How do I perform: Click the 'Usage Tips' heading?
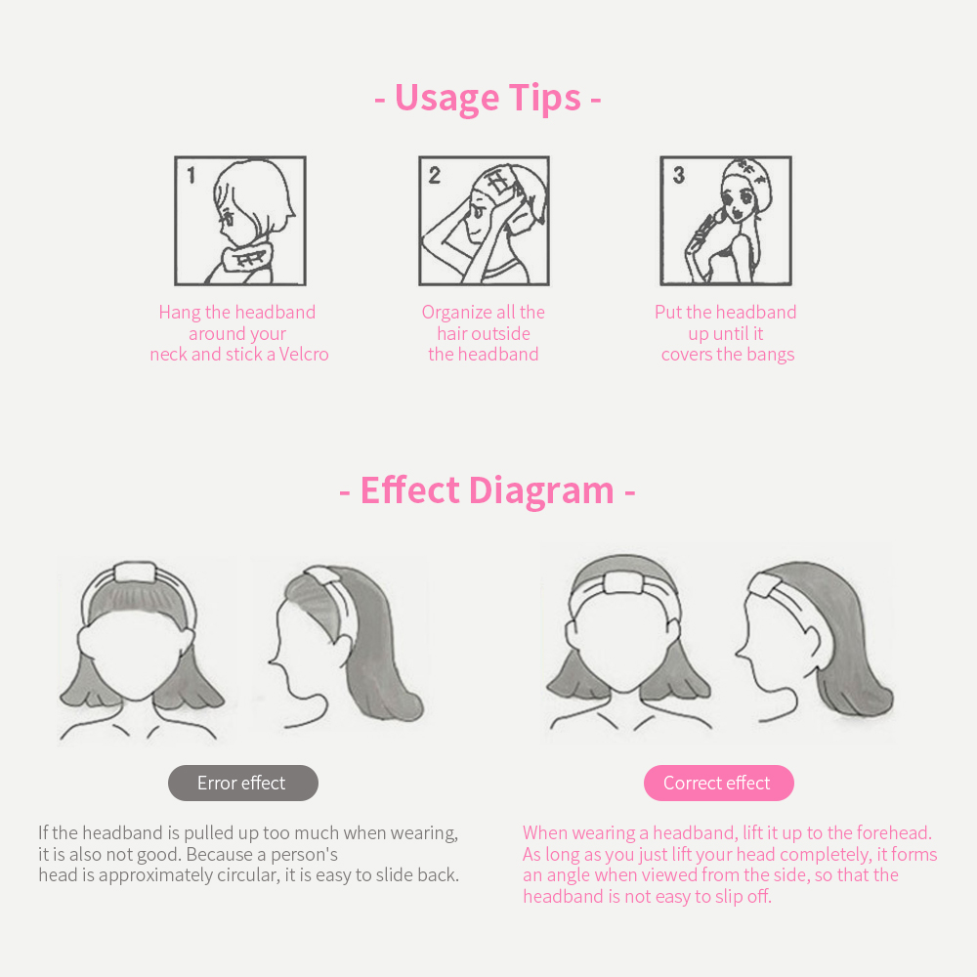tap(488, 99)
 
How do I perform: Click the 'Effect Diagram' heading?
tap(488, 490)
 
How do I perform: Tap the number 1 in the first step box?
tap(191, 176)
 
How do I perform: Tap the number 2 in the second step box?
tap(435, 175)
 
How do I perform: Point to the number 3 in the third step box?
tap(679, 175)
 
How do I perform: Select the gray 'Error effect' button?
tap(243, 783)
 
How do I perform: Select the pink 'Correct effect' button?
tap(718, 783)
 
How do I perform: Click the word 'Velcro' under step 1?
tap(304, 354)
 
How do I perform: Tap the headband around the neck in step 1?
tap(246, 258)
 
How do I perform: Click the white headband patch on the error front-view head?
tap(135, 572)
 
